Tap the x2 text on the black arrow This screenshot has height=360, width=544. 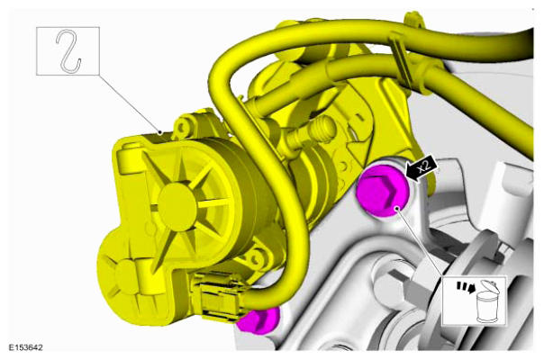click(x=423, y=166)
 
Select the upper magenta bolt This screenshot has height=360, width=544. click(x=384, y=191)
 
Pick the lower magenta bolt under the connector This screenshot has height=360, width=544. click(x=258, y=320)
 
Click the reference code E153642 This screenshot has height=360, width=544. click(x=26, y=347)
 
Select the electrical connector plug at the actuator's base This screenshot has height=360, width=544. click(x=219, y=296)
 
